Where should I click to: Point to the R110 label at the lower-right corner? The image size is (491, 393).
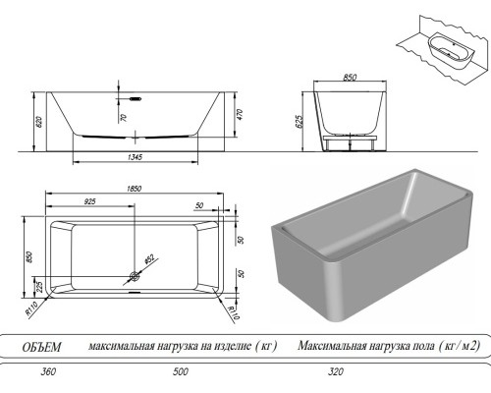tap(235, 311)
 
